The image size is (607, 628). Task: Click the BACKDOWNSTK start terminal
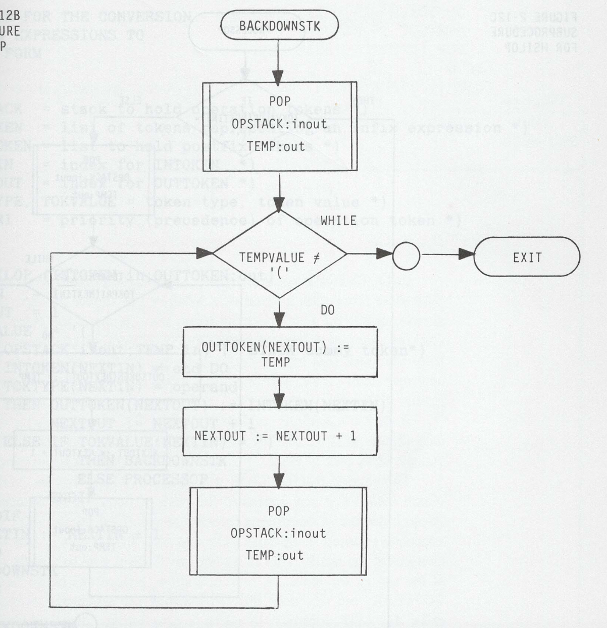pos(279,26)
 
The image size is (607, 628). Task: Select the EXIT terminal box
pos(527,257)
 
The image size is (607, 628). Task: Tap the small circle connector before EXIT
pos(406,256)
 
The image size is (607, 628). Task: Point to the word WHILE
pos(338,221)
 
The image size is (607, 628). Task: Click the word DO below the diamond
pos(328,310)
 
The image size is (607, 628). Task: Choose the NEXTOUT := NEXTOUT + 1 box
pos(279,435)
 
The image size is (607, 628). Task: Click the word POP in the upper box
pos(279,101)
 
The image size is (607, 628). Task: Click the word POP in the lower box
pos(278,511)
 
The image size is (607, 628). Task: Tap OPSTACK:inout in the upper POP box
pos(279,124)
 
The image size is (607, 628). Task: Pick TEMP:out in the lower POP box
pos(275,555)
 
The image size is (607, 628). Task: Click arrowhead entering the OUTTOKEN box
pos(279,320)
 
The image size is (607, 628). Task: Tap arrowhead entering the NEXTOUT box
pos(279,400)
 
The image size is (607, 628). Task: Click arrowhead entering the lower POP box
pos(279,481)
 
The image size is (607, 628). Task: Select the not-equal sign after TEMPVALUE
pos(317,257)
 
